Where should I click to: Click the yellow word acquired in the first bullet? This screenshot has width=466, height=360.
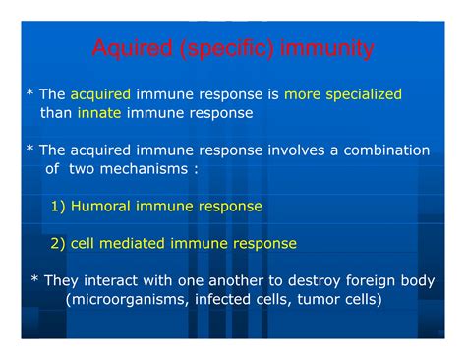point(100,94)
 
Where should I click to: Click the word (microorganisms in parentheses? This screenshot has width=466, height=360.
point(124,299)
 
